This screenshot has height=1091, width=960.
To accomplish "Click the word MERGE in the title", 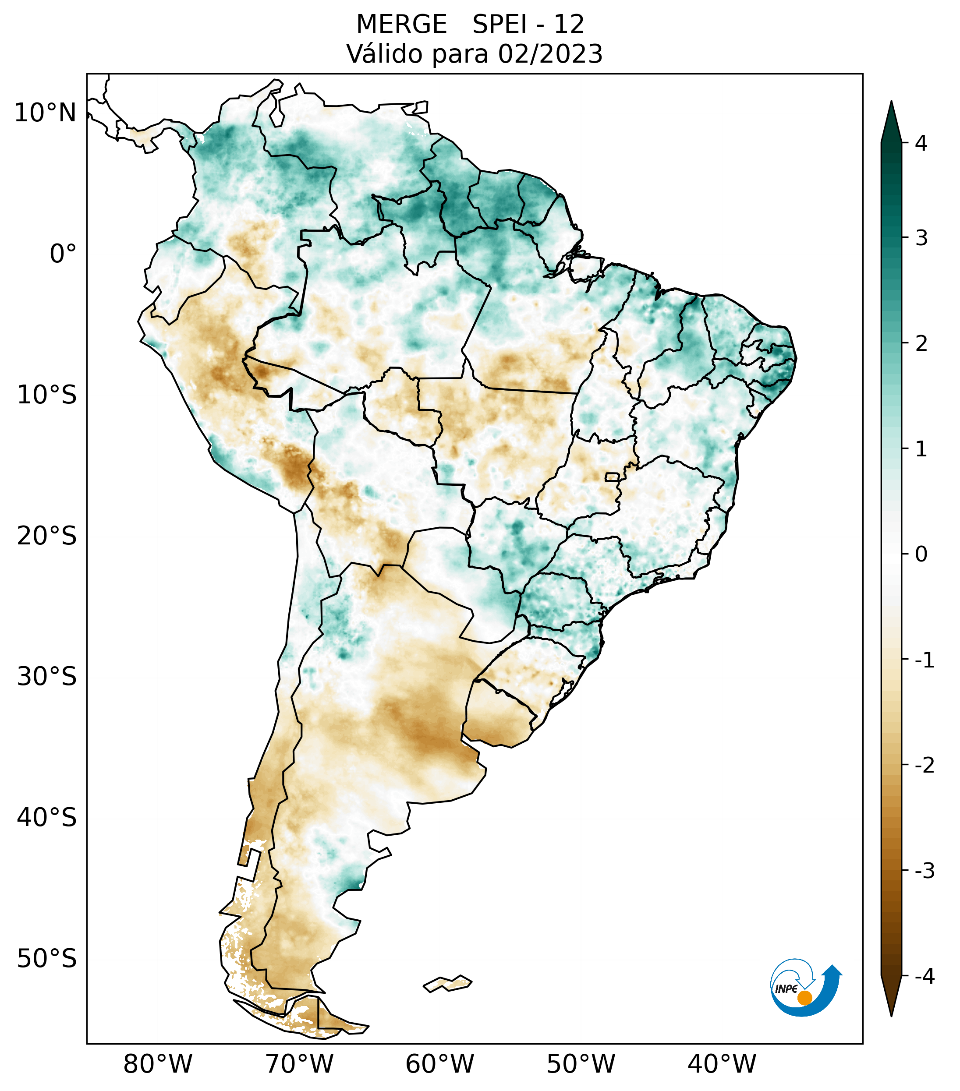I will click(x=401, y=25).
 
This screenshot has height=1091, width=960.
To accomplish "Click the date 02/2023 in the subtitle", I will click(x=550, y=54).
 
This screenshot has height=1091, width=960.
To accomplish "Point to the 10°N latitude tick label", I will click(x=46, y=113).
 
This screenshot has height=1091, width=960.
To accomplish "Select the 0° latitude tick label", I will click(x=63, y=254).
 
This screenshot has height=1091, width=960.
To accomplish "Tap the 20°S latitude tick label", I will click(x=47, y=535).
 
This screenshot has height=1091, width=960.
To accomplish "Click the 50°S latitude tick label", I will click(x=47, y=959).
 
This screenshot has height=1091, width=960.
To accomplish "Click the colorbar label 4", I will click(x=921, y=143).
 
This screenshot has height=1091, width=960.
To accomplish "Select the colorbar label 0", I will click(x=921, y=554).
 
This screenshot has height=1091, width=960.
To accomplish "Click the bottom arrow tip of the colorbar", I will click(x=891, y=1015).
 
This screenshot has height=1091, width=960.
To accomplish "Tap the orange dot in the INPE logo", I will click(x=804, y=998).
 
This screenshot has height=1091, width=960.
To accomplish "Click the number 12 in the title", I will click(x=569, y=25).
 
